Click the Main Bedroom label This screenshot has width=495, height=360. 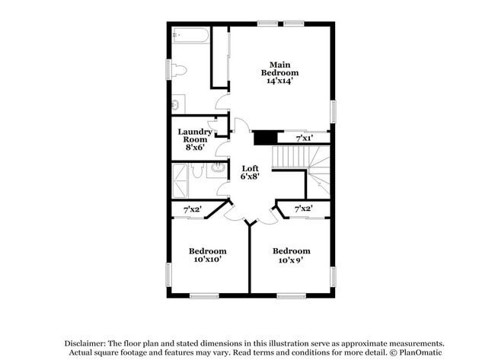(x=279, y=68)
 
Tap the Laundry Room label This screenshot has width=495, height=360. (x=195, y=135)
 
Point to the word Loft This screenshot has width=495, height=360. (x=251, y=168)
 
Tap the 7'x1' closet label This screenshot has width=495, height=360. (x=304, y=138)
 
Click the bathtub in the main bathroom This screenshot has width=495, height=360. (x=190, y=36)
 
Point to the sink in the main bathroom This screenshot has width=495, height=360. (x=177, y=103)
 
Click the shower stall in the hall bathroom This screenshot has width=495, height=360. (x=181, y=180)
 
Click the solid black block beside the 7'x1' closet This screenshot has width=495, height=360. (x=263, y=137)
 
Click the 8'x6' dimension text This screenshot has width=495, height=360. (x=195, y=147)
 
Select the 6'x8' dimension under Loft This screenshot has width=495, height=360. (x=251, y=177)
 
